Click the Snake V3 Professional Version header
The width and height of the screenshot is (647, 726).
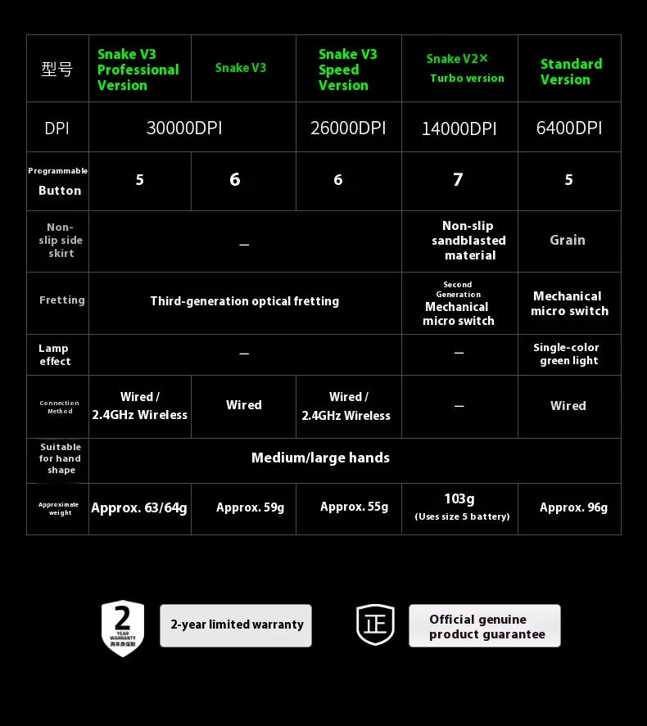138,70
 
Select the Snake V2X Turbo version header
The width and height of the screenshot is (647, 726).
465,69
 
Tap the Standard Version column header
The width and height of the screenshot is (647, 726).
570,71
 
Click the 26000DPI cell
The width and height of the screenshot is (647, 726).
348,128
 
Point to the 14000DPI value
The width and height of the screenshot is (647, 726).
459,129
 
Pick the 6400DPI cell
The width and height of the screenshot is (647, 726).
568,128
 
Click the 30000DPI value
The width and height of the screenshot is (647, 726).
184,128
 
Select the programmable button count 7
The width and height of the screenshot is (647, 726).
458,180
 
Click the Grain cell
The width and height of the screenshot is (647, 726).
568,240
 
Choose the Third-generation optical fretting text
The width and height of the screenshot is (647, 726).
244,301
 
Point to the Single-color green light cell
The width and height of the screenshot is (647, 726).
568,354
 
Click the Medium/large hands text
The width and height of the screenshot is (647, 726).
320,458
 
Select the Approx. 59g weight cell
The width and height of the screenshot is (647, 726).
250,507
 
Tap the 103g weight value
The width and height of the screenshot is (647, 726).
459,499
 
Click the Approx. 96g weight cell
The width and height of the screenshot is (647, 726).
573,507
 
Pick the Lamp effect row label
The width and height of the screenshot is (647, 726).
54,354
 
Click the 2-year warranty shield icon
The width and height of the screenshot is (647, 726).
123,627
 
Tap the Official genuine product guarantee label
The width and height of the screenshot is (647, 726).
486,626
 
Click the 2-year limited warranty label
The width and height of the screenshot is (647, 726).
236,625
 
